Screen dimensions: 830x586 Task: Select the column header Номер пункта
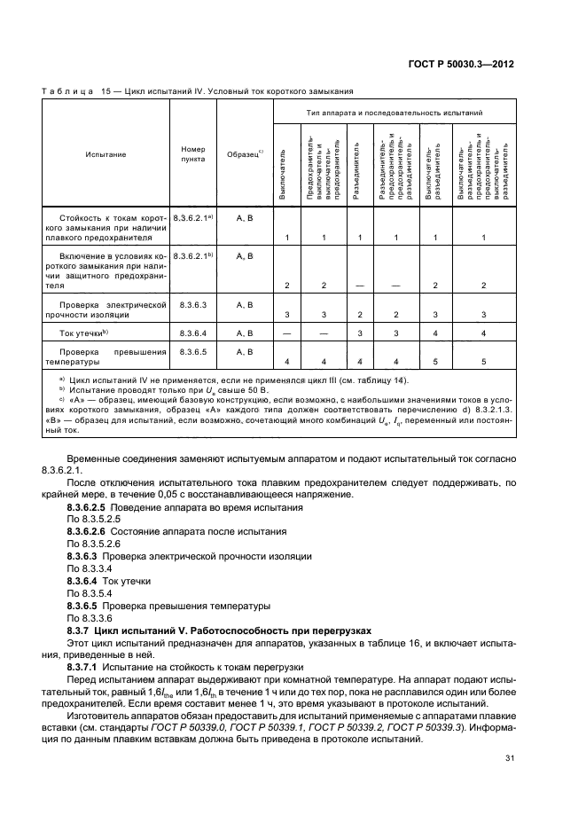192,153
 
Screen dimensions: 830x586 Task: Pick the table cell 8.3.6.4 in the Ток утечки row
192,333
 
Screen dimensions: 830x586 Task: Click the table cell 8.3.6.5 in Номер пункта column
192,352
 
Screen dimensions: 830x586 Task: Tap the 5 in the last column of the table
483,362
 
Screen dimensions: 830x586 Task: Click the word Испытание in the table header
105,154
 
